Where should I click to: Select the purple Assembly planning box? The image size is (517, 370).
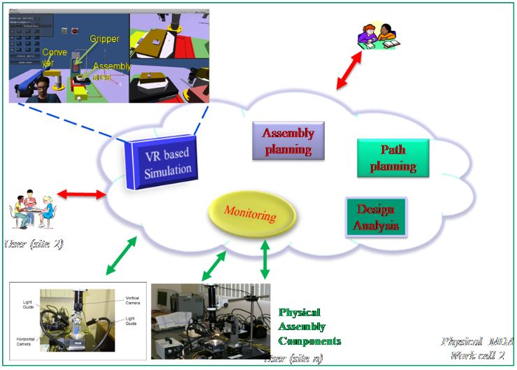tap(287, 140)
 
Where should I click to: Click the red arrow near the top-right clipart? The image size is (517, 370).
tap(349, 71)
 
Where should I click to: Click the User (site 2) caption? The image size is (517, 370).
tap(34, 244)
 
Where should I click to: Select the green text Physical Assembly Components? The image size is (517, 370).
tap(310, 327)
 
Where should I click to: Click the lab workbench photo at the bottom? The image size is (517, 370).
tap(209, 321)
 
